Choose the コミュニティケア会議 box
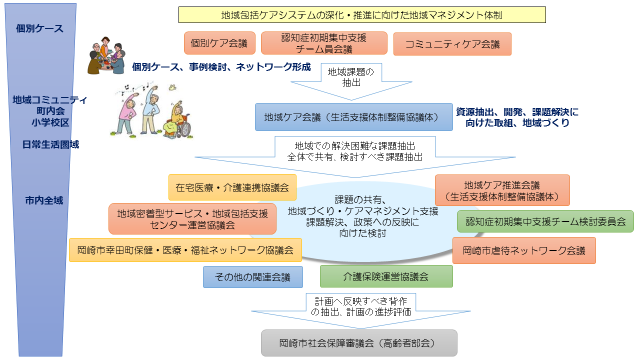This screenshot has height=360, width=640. pos(447,44)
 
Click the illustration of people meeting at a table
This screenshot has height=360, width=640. pos(103,57)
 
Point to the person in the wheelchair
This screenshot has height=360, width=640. pos(180,121)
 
